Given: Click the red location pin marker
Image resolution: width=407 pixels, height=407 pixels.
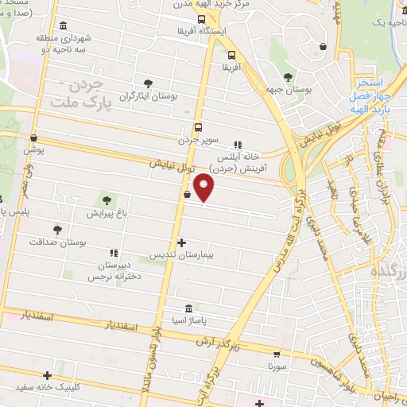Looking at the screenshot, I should [x=204, y=188].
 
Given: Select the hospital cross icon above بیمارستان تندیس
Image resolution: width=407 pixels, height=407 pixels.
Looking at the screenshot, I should [x=182, y=242].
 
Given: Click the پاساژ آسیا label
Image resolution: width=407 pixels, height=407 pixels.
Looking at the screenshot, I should [x=188, y=320].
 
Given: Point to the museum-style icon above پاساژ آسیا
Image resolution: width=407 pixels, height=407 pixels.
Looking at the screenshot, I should [x=188, y=308].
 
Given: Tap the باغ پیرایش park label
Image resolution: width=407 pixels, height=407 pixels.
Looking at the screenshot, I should [x=106, y=213].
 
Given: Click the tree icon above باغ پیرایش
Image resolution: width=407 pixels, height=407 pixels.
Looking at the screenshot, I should [x=107, y=200].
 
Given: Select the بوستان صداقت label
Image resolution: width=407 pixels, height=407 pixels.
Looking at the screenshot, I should [x=56, y=240].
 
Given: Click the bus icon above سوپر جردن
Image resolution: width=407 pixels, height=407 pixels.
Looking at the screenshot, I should [x=198, y=127].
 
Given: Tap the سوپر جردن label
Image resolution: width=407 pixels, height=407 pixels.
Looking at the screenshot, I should [x=198, y=140].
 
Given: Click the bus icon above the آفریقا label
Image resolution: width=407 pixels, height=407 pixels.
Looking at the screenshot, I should [x=231, y=56].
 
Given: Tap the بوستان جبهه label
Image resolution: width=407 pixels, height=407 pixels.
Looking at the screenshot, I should [x=288, y=90].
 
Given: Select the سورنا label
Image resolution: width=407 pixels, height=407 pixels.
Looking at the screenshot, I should [x=276, y=368].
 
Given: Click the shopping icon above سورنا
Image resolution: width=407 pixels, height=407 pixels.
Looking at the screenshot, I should [x=276, y=355].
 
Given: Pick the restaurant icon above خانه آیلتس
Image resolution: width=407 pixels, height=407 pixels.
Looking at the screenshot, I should [x=237, y=145].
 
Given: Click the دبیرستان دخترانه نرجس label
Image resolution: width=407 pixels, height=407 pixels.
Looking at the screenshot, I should [x=108, y=269].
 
